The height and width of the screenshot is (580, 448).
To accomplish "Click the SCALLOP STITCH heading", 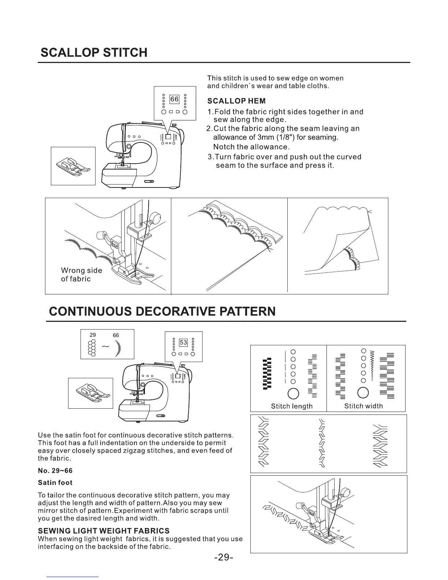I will coord(94,52).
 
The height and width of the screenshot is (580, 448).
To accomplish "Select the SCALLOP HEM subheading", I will coord(236,101).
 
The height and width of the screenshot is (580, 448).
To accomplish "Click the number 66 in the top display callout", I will coord(175,99).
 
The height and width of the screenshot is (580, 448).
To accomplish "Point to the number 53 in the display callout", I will coord(183,343).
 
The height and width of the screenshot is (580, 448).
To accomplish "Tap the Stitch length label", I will coord(292,406).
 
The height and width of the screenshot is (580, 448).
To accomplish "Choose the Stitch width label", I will coord(363,406).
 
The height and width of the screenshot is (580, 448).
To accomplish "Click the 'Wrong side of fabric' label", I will coord(81,275).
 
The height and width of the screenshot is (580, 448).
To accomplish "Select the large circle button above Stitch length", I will coord(294,393).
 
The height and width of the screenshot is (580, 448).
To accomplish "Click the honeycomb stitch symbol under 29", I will coord(92,348).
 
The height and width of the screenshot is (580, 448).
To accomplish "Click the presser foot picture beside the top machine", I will coord(73,166).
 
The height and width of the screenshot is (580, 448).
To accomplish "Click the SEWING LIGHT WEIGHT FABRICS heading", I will coord(104,531).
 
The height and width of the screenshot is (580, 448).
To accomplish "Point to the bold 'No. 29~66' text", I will coord(53,470).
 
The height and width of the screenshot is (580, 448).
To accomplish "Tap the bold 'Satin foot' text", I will coord(55,483).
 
